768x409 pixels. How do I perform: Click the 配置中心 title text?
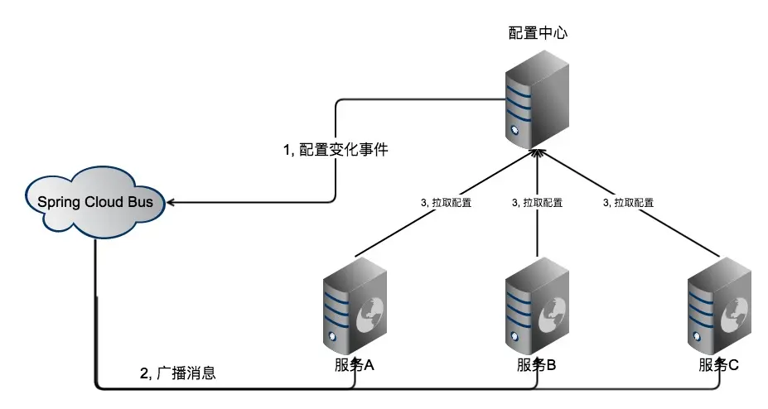tap(537, 33)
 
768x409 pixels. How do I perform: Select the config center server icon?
tap(538, 97)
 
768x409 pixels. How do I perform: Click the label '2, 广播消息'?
tap(177, 373)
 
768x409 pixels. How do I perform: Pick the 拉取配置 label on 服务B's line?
tap(537, 201)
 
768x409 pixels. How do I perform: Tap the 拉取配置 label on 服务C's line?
tap(628, 201)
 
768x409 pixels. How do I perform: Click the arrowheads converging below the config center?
tap(538, 154)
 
